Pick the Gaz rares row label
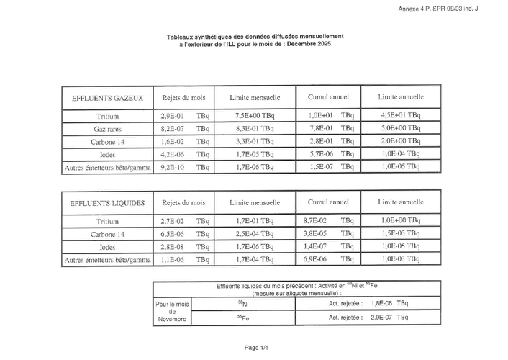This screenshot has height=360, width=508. pyautogui.click(x=106, y=128)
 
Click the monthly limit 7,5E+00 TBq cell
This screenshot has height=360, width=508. pyautogui.click(x=254, y=115)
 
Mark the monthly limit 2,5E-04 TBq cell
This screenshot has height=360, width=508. pyautogui.click(x=254, y=234)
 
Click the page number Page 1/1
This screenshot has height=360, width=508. pyautogui.click(x=256, y=347)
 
